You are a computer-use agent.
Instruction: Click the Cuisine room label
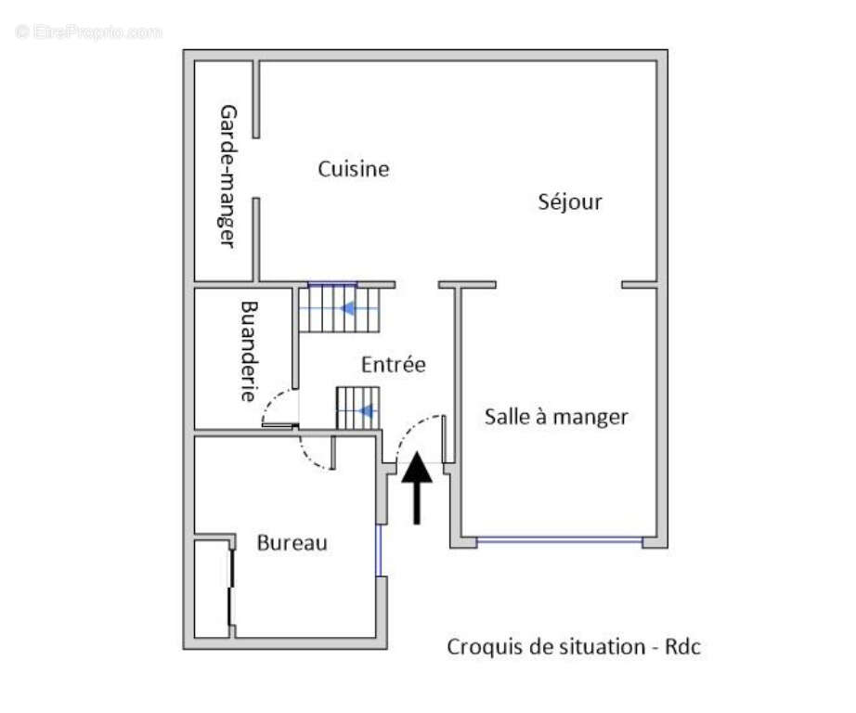353,169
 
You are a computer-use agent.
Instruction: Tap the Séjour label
570,201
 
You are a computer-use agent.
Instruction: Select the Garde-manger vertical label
226,175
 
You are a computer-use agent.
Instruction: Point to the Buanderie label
247,350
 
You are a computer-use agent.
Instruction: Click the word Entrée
394,365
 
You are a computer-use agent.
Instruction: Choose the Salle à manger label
556,417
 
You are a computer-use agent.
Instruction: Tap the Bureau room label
292,543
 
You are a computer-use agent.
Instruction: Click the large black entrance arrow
417,487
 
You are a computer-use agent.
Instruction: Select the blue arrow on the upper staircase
349,308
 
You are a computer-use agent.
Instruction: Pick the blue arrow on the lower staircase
367,410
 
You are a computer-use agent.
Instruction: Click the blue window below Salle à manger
559,539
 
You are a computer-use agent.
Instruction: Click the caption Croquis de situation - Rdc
574,646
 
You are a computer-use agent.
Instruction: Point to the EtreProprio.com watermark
88,32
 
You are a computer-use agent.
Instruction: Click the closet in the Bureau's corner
212,588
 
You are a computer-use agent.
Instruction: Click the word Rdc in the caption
682,646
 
